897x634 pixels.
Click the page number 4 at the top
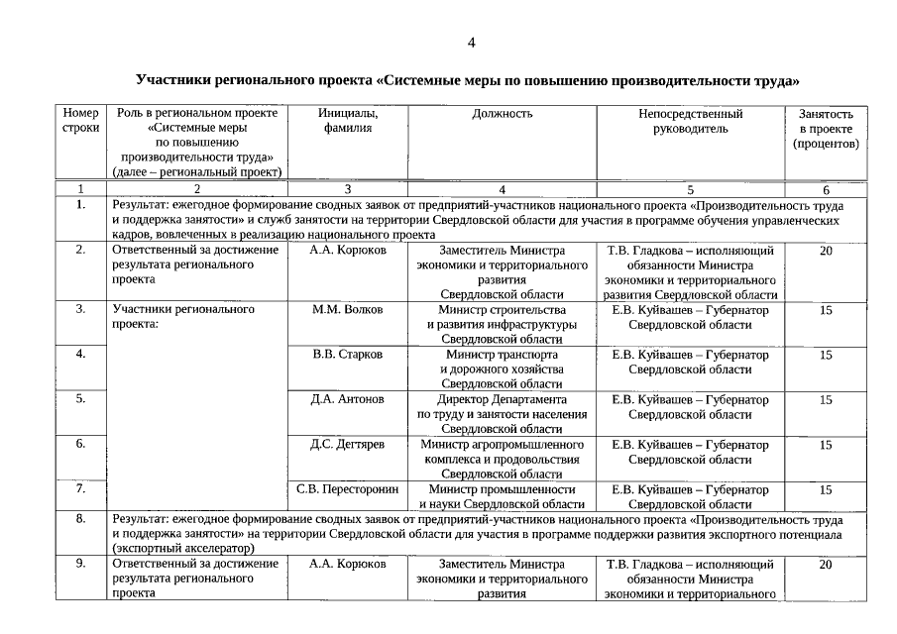(472, 42)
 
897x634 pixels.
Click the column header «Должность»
(502, 114)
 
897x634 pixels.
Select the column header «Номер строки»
(80, 121)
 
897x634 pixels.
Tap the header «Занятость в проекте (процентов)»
(826, 129)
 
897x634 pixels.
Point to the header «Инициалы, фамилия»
(347, 121)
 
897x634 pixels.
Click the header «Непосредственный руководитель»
(690, 121)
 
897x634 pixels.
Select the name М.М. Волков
(347, 310)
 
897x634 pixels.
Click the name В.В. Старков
(347, 355)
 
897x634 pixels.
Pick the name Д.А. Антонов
(347, 399)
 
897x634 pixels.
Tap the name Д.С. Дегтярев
(347, 445)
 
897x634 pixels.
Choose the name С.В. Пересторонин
(347, 489)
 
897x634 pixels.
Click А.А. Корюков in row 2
(347, 251)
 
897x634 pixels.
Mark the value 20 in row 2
(826, 251)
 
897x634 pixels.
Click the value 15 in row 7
(826, 489)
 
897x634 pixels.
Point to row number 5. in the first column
(80, 399)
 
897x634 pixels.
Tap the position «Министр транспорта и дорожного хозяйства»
(502, 369)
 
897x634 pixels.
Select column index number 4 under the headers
(502, 189)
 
